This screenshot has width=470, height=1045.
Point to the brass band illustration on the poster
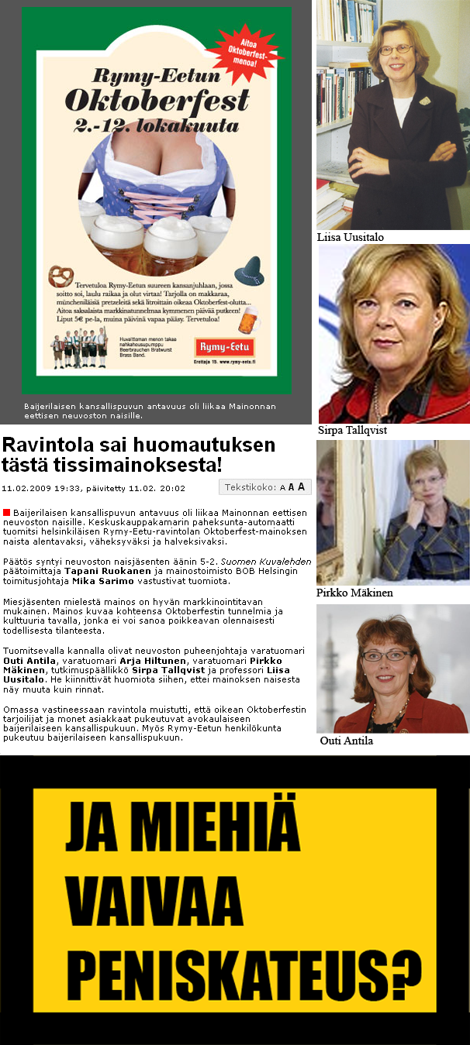pyautogui.click(x=78, y=348)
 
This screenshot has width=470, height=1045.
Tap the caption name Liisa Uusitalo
pyautogui.click(x=350, y=238)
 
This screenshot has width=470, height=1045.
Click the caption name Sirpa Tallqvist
pyautogui.click(x=352, y=431)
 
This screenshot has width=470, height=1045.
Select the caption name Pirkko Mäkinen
pyautogui.click(x=354, y=593)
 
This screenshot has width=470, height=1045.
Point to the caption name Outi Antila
pyautogui.click(x=348, y=741)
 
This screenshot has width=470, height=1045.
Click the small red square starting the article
pyautogui.click(x=7, y=513)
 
